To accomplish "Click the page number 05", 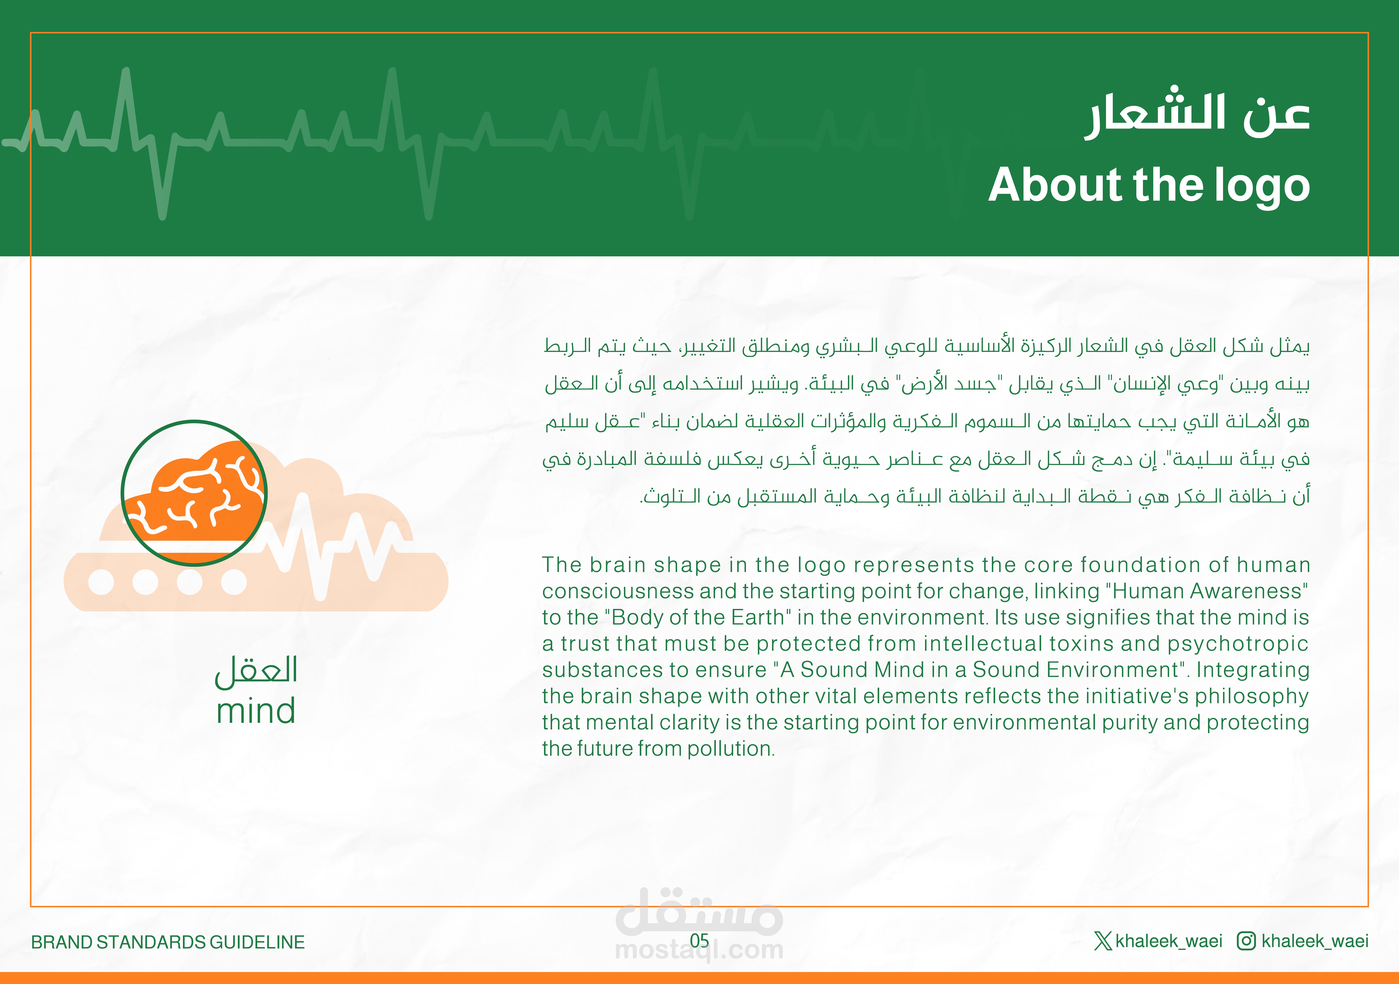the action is point(699,941).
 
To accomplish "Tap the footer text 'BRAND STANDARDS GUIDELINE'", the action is point(168,942).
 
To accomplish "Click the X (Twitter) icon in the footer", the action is point(1103,941).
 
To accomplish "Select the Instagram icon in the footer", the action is point(1246,941).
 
